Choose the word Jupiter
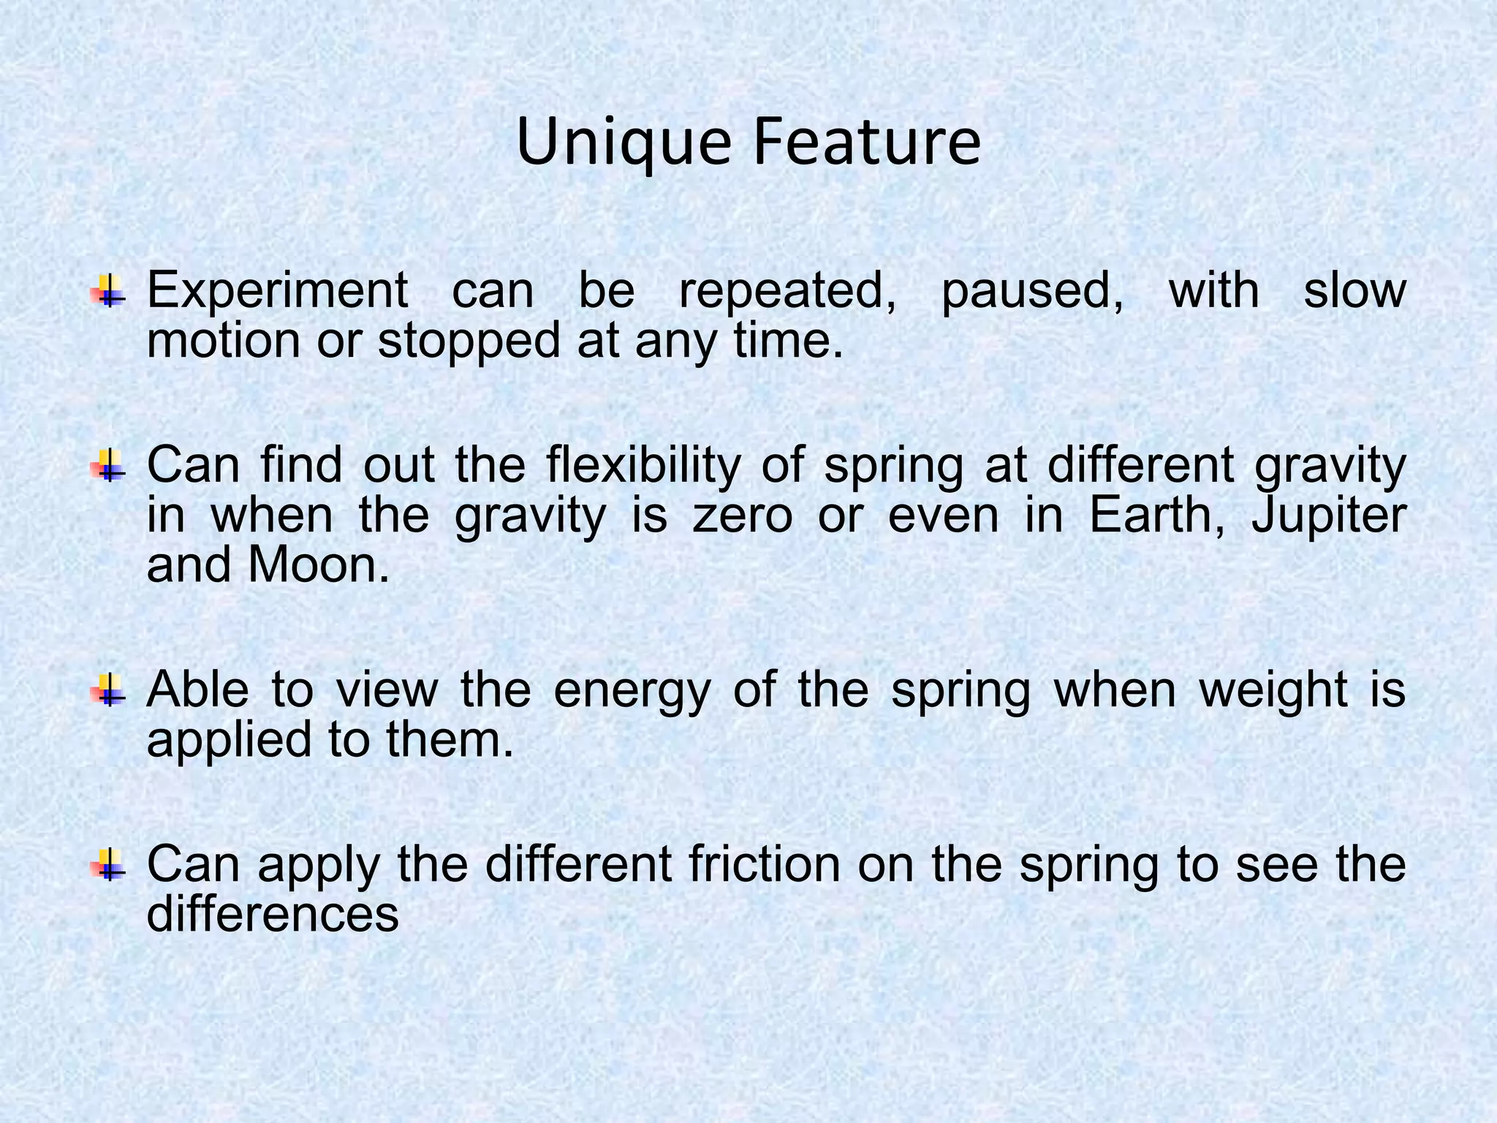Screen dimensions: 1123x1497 (x=1329, y=517)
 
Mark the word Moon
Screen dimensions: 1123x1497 (x=319, y=566)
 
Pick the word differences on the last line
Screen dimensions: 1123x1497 (x=273, y=914)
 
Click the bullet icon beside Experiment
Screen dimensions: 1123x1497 (x=108, y=290)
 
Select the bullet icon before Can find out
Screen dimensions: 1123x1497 (x=108, y=465)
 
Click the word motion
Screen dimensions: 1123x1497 (x=224, y=342)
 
